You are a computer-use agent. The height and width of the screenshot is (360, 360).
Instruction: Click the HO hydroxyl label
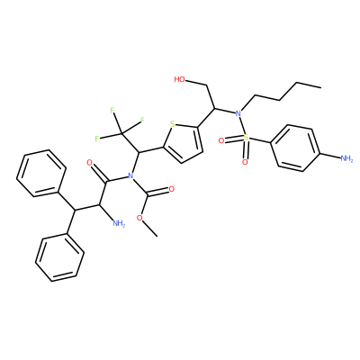pos(179,79)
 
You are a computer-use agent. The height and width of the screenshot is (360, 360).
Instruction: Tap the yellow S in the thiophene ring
pos(172,123)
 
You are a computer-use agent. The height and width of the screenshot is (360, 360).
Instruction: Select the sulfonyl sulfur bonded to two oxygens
pos(246,138)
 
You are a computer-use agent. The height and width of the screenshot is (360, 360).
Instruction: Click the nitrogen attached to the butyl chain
pos(238,113)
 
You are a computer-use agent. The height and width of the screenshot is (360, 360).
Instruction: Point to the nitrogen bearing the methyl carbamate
pos(130,175)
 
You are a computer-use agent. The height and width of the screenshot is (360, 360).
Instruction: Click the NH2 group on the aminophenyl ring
pos(346,158)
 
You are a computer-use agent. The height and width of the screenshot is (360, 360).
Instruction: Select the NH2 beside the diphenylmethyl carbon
pos(119,223)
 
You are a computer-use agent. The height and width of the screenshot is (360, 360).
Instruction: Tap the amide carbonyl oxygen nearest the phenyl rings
pos(89,163)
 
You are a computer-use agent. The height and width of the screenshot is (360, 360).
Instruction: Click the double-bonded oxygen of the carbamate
pos(172,189)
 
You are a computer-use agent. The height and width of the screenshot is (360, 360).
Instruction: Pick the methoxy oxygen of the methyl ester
pos(139,218)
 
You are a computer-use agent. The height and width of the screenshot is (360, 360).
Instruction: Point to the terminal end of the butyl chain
pos(321,87)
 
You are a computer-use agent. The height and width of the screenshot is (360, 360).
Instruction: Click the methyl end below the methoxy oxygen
pos(157,236)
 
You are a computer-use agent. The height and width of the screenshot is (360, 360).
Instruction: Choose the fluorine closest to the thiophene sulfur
pos(142,121)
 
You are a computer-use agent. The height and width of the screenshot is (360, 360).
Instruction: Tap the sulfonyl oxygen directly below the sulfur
pos(245,162)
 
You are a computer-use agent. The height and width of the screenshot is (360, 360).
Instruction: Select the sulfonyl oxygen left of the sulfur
pos(221,140)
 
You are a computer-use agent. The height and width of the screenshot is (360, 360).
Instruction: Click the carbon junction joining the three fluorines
pos(122,133)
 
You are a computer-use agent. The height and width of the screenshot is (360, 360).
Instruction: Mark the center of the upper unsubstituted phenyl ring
pos(41,173)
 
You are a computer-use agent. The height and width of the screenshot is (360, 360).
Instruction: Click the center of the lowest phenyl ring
pos(59,257)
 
